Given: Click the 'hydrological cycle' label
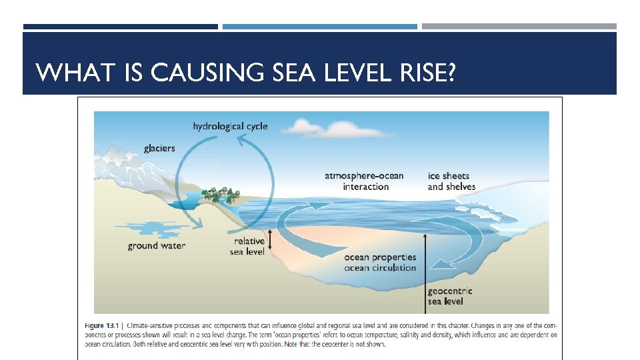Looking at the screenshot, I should click(x=230, y=126).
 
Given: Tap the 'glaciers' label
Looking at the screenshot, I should click(x=159, y=148).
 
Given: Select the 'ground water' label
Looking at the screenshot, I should click(x=157, y=246).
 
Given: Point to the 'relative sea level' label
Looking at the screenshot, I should click(x=249, y=246).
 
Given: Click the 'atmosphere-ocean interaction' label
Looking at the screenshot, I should click(x=365, y=181).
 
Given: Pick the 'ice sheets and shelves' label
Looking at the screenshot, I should click(x=451, y=181).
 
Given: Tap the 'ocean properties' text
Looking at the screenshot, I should click(x=380, y=257).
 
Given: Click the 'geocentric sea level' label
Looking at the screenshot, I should click(x=449, y=296).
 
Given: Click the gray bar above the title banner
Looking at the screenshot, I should click(x=519, y=27).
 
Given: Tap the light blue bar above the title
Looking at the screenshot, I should click(x=319, y=27).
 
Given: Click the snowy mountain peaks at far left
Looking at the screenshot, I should click(x=120, y=160).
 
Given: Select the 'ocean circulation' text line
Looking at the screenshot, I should click(x=380, y=268).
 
